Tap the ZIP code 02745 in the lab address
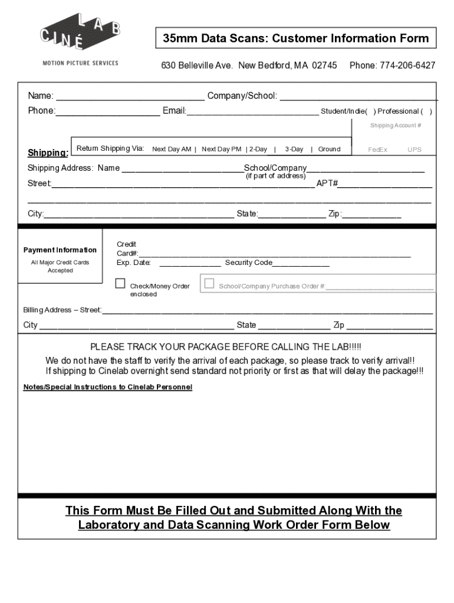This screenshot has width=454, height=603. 324,65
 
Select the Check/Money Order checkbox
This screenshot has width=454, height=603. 120,284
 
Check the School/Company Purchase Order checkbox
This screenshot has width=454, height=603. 209,284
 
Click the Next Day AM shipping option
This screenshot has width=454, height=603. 172,150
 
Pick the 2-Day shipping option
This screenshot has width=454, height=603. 258,150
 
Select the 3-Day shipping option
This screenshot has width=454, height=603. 294,150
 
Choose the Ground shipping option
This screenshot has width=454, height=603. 329,150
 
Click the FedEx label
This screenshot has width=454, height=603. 377,150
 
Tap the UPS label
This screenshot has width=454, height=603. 414,150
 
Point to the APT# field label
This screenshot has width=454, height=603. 327,184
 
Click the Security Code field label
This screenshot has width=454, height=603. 248,263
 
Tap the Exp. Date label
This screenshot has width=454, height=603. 134,263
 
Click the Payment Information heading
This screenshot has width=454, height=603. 60,250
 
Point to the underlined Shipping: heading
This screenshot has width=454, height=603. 48,154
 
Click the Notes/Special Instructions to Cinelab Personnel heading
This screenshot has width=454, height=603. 108,387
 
